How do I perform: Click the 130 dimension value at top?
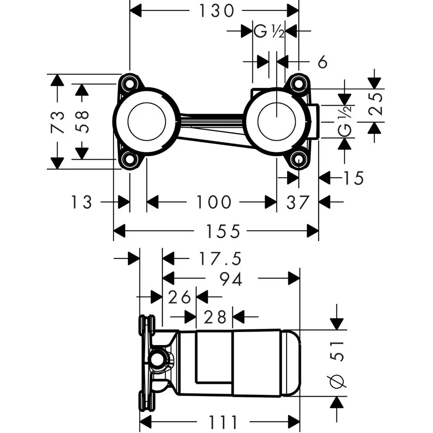coord(216,10)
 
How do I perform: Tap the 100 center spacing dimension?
coord(213,202)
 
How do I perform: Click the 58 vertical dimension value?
coord(82,121)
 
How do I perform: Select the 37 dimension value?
coord(298,202)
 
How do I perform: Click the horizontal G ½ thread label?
coord(268,32)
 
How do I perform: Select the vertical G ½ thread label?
coord(345,121)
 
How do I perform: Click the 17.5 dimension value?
coord(220,259)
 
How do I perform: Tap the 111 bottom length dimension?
coord(222,421)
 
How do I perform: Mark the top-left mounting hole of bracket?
coord(129,82)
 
